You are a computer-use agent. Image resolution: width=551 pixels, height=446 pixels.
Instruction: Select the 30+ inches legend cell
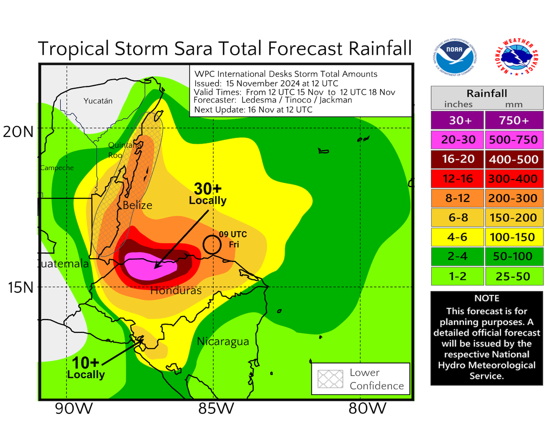click(457, 121)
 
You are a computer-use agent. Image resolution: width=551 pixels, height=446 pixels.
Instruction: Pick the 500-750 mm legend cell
click(514, 140)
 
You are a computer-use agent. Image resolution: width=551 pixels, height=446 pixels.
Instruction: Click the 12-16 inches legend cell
click(457, 179)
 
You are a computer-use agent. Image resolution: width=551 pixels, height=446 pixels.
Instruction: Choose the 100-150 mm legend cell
click(514, 237)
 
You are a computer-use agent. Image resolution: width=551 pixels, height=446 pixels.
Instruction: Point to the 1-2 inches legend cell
click(457, 276)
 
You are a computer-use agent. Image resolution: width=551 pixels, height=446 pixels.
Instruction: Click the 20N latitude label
click(18, 131)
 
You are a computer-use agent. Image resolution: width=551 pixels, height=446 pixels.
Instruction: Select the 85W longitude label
click(216, 408)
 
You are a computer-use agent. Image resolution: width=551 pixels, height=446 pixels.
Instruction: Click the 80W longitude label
click(367, 408)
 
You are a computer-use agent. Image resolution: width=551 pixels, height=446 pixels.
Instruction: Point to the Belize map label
click(137, 205)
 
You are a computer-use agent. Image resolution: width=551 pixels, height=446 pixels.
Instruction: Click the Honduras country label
click(176, 291)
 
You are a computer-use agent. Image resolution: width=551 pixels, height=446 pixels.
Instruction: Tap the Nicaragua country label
click(223, 341)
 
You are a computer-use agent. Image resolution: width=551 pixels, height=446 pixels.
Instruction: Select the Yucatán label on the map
click(98, 101)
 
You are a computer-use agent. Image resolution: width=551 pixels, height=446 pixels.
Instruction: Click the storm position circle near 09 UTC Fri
click(212, 245)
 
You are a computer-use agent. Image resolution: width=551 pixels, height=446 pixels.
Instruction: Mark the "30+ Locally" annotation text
click(208, 194)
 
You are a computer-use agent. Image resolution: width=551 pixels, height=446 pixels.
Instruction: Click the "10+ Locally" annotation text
click(86, 368)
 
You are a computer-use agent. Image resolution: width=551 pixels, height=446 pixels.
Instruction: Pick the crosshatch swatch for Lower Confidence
click(330, 379)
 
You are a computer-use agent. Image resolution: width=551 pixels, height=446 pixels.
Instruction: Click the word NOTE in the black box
click(487, 298)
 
